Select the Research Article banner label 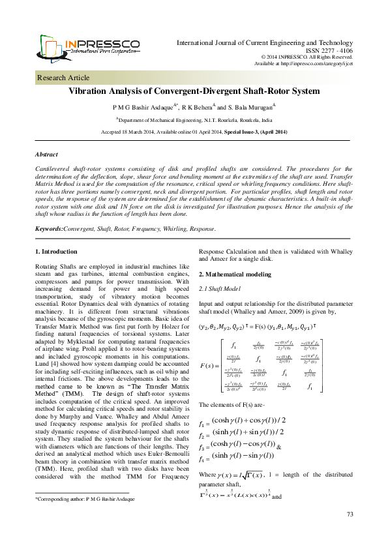65,78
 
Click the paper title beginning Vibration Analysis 194,93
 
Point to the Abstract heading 47,155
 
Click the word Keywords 48,211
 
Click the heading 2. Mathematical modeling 235,274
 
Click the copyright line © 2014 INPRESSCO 316,57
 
